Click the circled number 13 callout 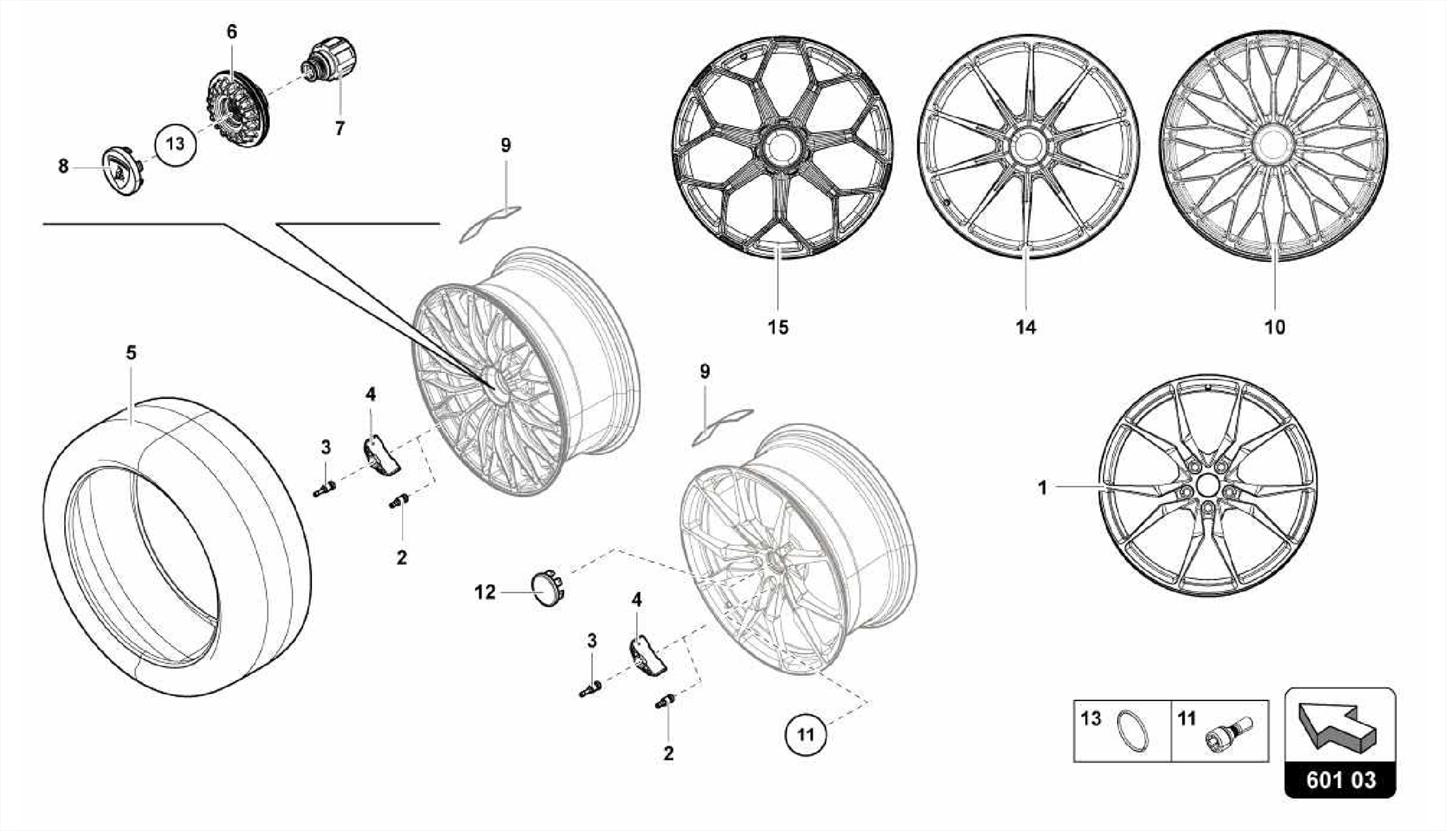coord(175,144)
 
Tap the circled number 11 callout coord(806,734)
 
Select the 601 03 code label coord(1340,780)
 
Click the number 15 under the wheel coord(777,328)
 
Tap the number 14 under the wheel coord(1025,328)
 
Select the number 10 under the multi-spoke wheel coord(1275,328)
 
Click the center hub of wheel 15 coord(781,148)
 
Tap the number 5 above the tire coord(131,352)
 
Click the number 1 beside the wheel coord(1042,488)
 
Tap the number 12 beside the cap coord(485,592)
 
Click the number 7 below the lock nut coord(340,128)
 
